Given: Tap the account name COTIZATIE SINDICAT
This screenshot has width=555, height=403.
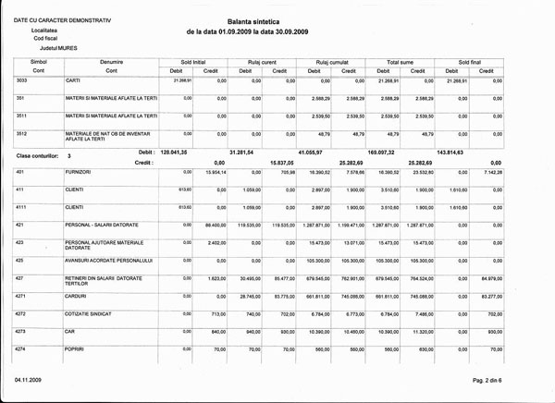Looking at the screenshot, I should pos(91,313).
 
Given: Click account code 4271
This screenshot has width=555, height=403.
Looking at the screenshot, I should pos(23,296).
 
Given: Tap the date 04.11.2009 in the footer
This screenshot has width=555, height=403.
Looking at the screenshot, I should pos(30,380).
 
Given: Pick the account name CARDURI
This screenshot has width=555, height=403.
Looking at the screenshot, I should pos(79,296).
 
